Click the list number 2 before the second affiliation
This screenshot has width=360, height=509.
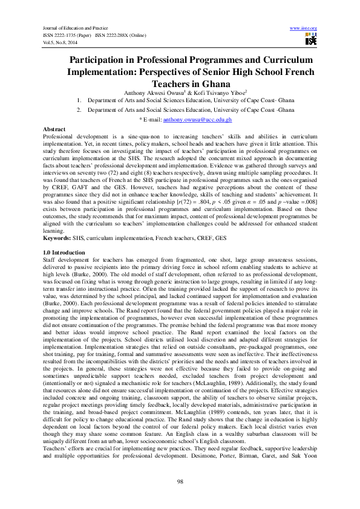pos(79,111)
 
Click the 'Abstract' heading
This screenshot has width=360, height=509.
pos(54,130)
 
